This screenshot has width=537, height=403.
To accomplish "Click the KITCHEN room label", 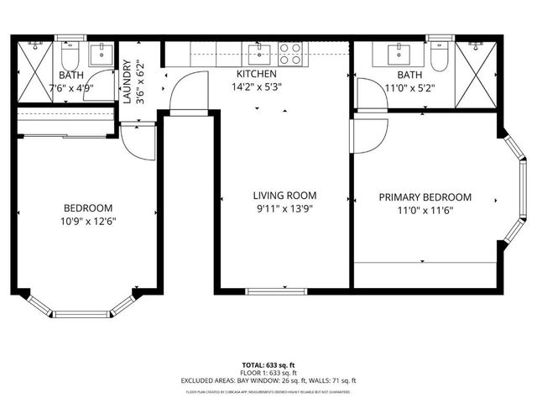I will pos(256,74).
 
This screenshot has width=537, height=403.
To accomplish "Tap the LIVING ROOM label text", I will pos(284,195).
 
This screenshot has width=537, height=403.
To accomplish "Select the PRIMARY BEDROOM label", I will pos(425,197).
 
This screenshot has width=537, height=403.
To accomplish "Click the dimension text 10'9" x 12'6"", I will pos(88,222).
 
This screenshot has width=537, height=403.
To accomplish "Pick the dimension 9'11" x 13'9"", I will pos(284,209).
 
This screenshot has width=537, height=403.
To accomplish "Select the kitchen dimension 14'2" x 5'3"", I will pos(257,86).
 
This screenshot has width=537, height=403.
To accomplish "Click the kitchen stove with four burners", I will pos(289,54).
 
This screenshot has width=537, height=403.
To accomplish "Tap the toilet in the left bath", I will pos(70,55).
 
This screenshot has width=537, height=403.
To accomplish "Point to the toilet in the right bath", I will pos(439,55).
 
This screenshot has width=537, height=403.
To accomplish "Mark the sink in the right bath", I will pos(399,54).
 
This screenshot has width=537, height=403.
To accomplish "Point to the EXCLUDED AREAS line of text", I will pos(268,380).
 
